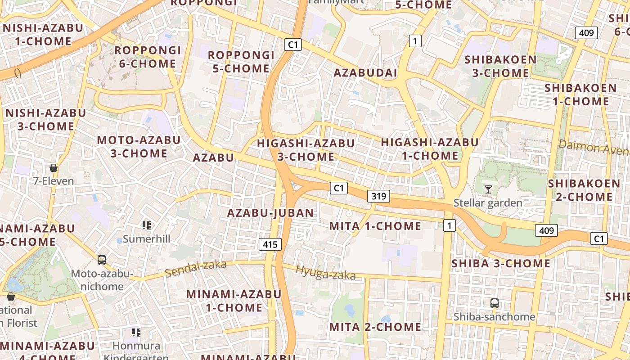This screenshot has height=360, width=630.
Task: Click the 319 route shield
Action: click(378, 196)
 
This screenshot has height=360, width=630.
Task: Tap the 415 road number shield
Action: click(270, 244)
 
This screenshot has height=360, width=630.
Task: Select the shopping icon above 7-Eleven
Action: click(54, 168)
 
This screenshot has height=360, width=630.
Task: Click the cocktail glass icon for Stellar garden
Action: click(488, 189)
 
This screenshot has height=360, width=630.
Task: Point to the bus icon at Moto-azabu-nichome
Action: click(102, 260)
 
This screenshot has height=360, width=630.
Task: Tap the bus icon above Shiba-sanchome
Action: click(495, 303)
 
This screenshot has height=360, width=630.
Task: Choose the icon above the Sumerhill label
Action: click(146, 225)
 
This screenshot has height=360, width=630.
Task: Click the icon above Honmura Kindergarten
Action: click(136, 333)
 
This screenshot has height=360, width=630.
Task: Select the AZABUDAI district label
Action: click(365, 73)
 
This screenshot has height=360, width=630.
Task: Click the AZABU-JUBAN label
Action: click(270, 213)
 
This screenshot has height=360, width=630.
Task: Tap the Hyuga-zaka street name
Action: click(325, 273)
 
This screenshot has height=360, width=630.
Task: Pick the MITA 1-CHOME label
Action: click(375, 226)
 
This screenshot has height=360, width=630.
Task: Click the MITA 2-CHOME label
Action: click(375, 327)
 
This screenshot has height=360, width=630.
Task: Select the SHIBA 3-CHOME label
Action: click(501, 263)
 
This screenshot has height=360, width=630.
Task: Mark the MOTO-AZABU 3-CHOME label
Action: click(139, 147)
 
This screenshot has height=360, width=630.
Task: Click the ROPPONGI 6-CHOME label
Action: click(148, 57)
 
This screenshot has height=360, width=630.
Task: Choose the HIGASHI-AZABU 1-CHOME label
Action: click(430, 149)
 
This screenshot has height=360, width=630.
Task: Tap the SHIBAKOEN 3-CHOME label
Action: click(500, 66)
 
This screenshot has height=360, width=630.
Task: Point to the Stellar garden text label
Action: click(488, 203)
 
